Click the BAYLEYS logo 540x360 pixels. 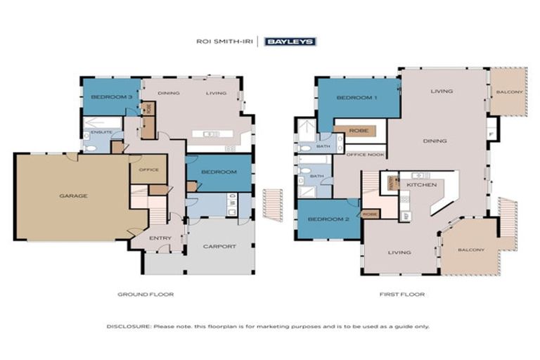tap(290, 41)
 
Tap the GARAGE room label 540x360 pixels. tap(73, 195)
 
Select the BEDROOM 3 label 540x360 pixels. tap(111, 96)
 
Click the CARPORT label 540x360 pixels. tap(219, 246)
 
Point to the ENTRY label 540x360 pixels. tap(160, 238)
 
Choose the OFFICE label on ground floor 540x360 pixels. tap(148, 169)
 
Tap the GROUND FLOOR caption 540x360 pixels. tap(146, 295)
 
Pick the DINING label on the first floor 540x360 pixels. tap(435, 141)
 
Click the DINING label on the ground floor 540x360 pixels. tap(168, 93)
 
